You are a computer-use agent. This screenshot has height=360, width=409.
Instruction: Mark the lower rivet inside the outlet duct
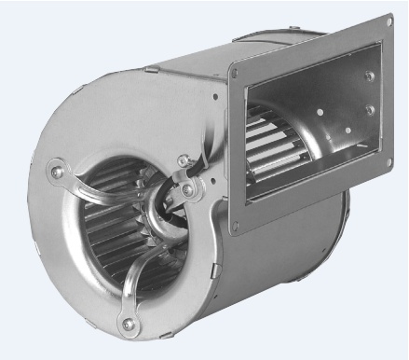click(x=371, y=109)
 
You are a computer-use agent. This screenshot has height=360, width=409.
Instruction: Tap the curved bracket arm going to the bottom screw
click(x=140, y=280)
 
